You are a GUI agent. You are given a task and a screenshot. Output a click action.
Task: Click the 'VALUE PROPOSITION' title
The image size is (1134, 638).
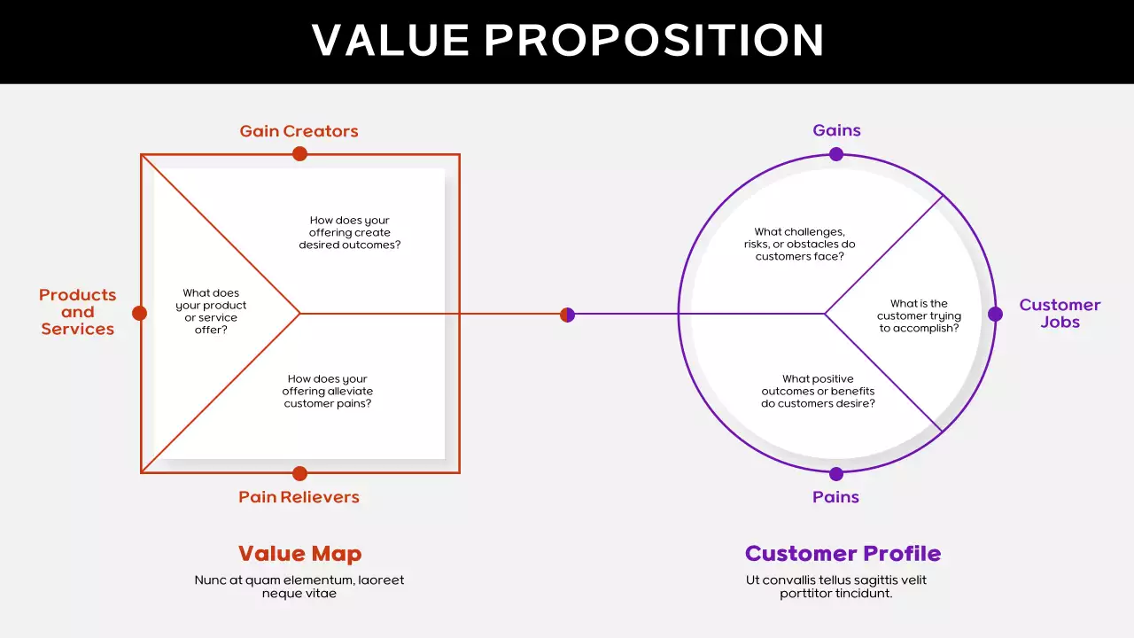click(x=568, y=41)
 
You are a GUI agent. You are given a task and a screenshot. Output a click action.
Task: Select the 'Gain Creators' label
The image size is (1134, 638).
click(x=299, y=131)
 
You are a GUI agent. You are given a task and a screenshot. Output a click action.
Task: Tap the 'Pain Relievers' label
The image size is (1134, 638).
click(x=299, y=497)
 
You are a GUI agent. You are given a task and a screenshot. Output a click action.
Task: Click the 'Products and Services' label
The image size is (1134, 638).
click(x=77, y=312)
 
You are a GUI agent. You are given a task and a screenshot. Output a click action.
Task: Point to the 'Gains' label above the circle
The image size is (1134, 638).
click(x=836, y=130)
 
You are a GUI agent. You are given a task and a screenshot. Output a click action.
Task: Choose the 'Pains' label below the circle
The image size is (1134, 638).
click(x=835, y=497)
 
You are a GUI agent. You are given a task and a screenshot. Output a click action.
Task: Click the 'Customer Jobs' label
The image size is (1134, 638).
click(x=1060, y=313)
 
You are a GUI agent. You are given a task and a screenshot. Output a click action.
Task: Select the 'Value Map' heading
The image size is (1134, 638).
click(x=299, y=554)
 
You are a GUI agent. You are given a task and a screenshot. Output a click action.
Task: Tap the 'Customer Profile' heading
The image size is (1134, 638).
click(x=843, y=554)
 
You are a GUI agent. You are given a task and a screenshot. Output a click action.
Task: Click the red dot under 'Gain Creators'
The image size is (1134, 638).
click(x=299, y=154)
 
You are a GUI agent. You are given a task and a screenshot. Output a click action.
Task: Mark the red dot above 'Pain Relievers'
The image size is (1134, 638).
click(x=299, y=473)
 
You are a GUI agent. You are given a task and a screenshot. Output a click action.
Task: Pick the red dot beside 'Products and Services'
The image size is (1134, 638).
click(x=139, y=313)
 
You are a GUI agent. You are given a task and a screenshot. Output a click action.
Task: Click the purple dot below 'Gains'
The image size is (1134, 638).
click(x=836, y=154)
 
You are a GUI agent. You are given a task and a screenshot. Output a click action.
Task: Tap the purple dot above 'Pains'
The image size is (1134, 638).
click(x=836, y=474)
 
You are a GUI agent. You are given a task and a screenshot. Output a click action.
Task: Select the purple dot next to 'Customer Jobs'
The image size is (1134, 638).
click(x=995, y=314)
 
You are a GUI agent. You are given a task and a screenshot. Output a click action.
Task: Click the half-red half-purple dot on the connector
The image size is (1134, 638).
click(x=568, y=315)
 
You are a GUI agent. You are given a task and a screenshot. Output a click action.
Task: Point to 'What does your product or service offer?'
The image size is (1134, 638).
click(x=211, y=311)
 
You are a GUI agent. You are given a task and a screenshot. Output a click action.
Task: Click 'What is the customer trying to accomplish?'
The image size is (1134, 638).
click(x=919, y=315)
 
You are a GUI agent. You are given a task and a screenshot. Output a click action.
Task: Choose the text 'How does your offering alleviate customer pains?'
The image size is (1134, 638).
click(x=328, y=392)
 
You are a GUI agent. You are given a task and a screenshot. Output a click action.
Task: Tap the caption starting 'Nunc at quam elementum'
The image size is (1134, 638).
click(x=299, y=587)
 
